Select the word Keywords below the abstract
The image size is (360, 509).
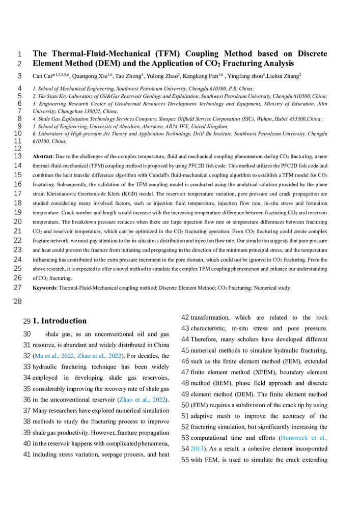pyautogui.click(x=45, y=288)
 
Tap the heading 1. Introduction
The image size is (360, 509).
pyautogui.click(x=60, y=321)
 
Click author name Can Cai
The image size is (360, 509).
pyautogui.click(x=44, y=76)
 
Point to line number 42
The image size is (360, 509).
pyautogui.click(x=186, y=316)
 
